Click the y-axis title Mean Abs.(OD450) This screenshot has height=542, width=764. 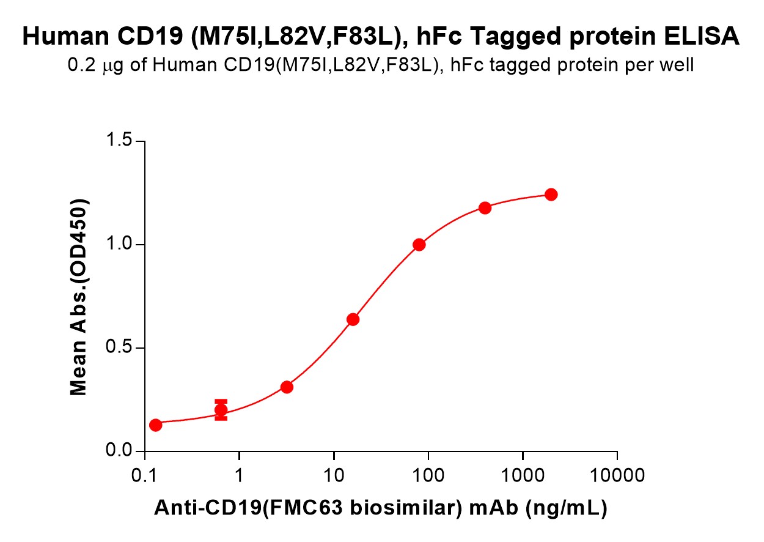click(x=79, y=297)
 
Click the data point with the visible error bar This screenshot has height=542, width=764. click(x=221, y=410)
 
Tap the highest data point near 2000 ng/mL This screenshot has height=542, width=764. click(x=551, y=195)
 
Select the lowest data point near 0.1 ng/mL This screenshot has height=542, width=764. click(x=155, y=425)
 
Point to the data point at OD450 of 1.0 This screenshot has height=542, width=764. click(x=419, y=245)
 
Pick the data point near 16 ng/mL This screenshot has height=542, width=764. click(x=353, y=319)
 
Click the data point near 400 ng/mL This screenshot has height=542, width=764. click(x=485, y=208)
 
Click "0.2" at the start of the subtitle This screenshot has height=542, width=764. click(x=79, y=65)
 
